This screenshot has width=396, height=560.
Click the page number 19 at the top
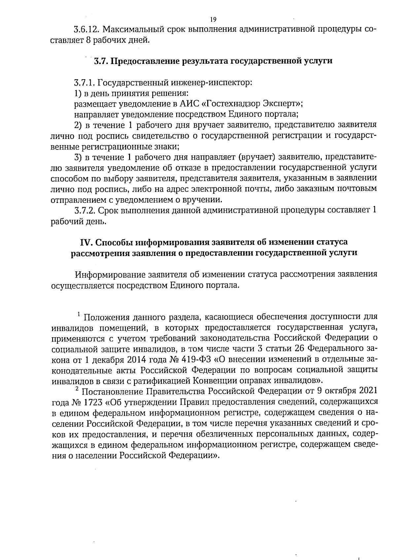pos(213,19)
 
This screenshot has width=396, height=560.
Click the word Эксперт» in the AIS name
pos(282,104)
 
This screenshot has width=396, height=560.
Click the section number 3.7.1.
pos(85,82)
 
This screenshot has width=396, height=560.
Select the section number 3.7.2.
pos(85,210)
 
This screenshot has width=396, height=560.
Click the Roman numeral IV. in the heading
pos(87,242)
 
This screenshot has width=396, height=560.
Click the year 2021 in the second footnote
pos(366,391)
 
